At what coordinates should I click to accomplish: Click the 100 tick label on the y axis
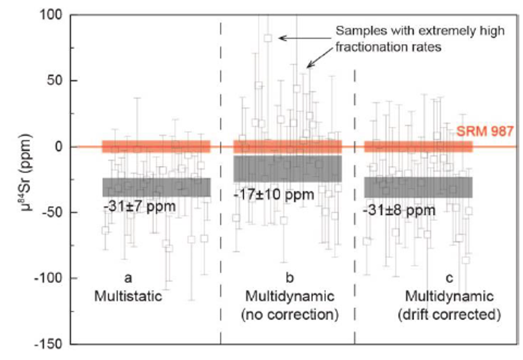coord(51,14)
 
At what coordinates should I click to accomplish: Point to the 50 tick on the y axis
coord(55,81)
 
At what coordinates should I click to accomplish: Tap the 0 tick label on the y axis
coord(58,146)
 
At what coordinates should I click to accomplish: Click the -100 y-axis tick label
coord(48,278)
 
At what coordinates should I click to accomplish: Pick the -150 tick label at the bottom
coord(48,344)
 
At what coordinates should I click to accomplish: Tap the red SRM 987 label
coord(484,131)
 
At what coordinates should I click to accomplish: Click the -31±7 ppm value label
coord(140,207)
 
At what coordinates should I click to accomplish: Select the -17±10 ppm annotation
coord(274,195)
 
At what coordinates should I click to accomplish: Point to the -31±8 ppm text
coord(399,211)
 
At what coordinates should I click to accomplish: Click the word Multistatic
coord(128,296)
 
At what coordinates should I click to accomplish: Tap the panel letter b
coord(290,277)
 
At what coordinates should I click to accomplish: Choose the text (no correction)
coord(290,315)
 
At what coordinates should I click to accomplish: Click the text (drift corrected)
coord(449,315)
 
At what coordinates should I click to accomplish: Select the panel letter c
coord(450,278)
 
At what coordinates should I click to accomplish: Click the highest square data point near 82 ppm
coord(268,38)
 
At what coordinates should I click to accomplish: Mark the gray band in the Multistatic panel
coord(156,187)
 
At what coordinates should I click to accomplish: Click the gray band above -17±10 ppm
coord(287,169)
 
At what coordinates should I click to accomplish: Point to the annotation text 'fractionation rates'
coord(388,47)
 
